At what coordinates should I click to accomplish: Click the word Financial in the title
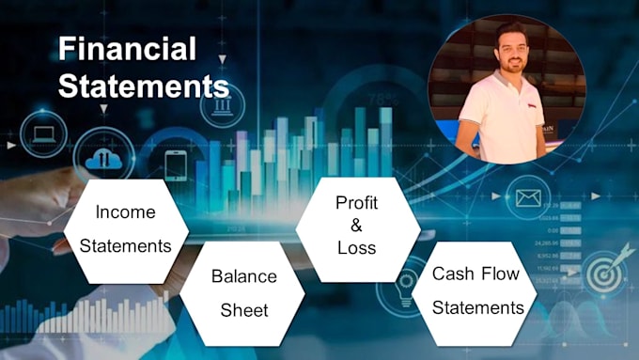coord(127,49)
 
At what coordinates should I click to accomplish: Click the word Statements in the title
coord(143,86)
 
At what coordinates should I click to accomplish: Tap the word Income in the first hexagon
coord(125,212)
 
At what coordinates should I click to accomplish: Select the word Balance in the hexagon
coord(243,276)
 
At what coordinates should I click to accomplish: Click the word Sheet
coord(243,310)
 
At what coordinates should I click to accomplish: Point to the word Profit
coord(356,203)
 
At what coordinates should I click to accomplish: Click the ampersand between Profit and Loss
coord(356,226)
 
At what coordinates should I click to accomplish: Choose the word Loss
coord(356,248)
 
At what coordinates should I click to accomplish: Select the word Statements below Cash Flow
coord(478,307)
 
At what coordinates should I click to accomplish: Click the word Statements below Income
coord(125,246)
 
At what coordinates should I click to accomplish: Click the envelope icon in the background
coord(526,198)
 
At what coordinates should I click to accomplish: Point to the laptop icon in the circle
coord(43,133)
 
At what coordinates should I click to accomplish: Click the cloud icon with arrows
coord(103,159)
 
